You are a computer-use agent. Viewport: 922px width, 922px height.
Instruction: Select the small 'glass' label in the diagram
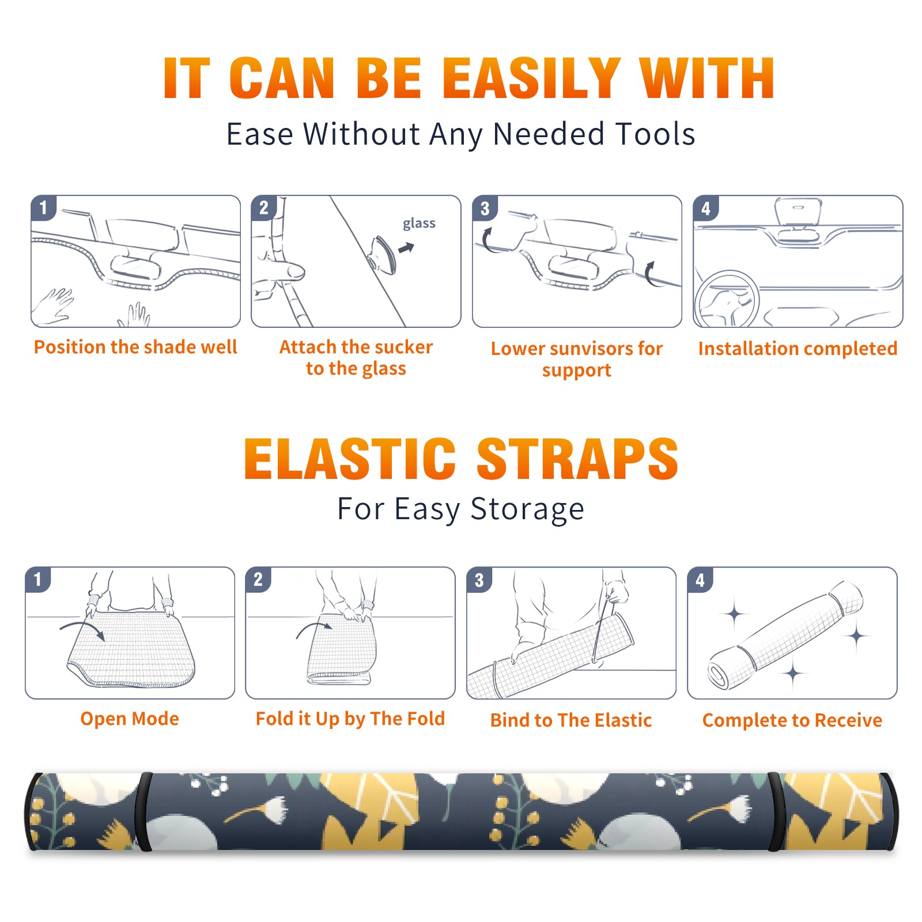(419, 223)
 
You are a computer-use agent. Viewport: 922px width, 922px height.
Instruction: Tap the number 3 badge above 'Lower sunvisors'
(485, 209)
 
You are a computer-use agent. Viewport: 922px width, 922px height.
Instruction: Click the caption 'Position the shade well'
(135, 347)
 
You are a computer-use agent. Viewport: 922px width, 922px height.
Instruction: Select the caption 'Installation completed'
(798, 348)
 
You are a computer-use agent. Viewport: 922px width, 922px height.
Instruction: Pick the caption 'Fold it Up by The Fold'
(350, 719)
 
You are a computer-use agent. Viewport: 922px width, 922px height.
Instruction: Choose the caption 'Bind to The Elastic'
(571, 720)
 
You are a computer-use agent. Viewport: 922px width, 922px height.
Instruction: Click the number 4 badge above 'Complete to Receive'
(700, 580)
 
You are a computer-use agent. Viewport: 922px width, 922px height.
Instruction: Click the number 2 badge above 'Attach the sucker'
(264, 208)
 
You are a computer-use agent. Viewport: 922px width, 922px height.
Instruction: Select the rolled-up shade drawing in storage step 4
(785, 634)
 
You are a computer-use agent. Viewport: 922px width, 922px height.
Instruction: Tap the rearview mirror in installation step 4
(798, 213)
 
